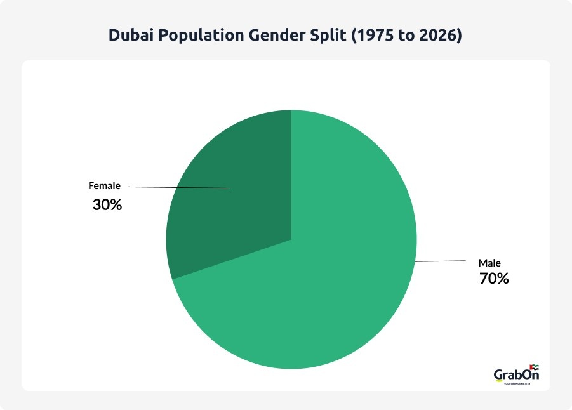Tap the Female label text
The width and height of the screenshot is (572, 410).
tap(104, 187)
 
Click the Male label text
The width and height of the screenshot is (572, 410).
tap(489, 263)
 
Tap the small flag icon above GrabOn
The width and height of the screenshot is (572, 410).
tap(534, 366)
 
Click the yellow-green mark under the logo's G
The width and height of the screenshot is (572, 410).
tap(500, 383)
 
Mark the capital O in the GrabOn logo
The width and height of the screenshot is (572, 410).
tap(526, 374)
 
